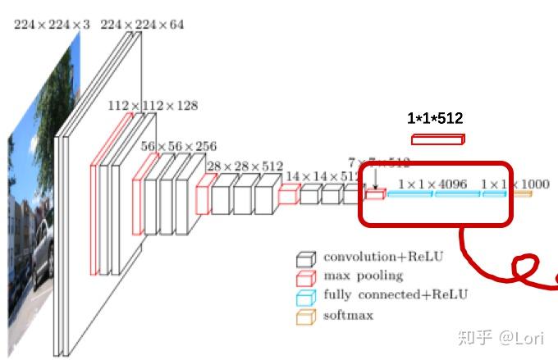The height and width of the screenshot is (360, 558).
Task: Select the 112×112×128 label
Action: [152, 106]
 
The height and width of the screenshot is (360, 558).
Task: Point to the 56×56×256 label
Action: [179, 146]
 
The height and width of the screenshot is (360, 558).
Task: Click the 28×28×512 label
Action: [245, 166]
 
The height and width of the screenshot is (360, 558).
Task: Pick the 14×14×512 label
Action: [321, 175]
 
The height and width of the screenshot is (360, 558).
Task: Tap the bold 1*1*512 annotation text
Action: [435, 119]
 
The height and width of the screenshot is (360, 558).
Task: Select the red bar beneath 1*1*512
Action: [437, 139]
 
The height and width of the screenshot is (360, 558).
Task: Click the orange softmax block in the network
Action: [523, 194]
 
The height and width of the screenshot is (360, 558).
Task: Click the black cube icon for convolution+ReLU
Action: [305, 259]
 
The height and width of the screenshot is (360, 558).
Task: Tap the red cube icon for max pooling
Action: [305, 278]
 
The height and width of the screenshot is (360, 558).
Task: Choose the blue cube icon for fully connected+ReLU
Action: [305, 297]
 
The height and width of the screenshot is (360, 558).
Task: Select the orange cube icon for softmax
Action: [305, 317]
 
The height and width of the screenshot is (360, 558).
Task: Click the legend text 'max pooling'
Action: [363, 276]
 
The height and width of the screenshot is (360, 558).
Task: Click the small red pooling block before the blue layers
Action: [375, 195]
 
